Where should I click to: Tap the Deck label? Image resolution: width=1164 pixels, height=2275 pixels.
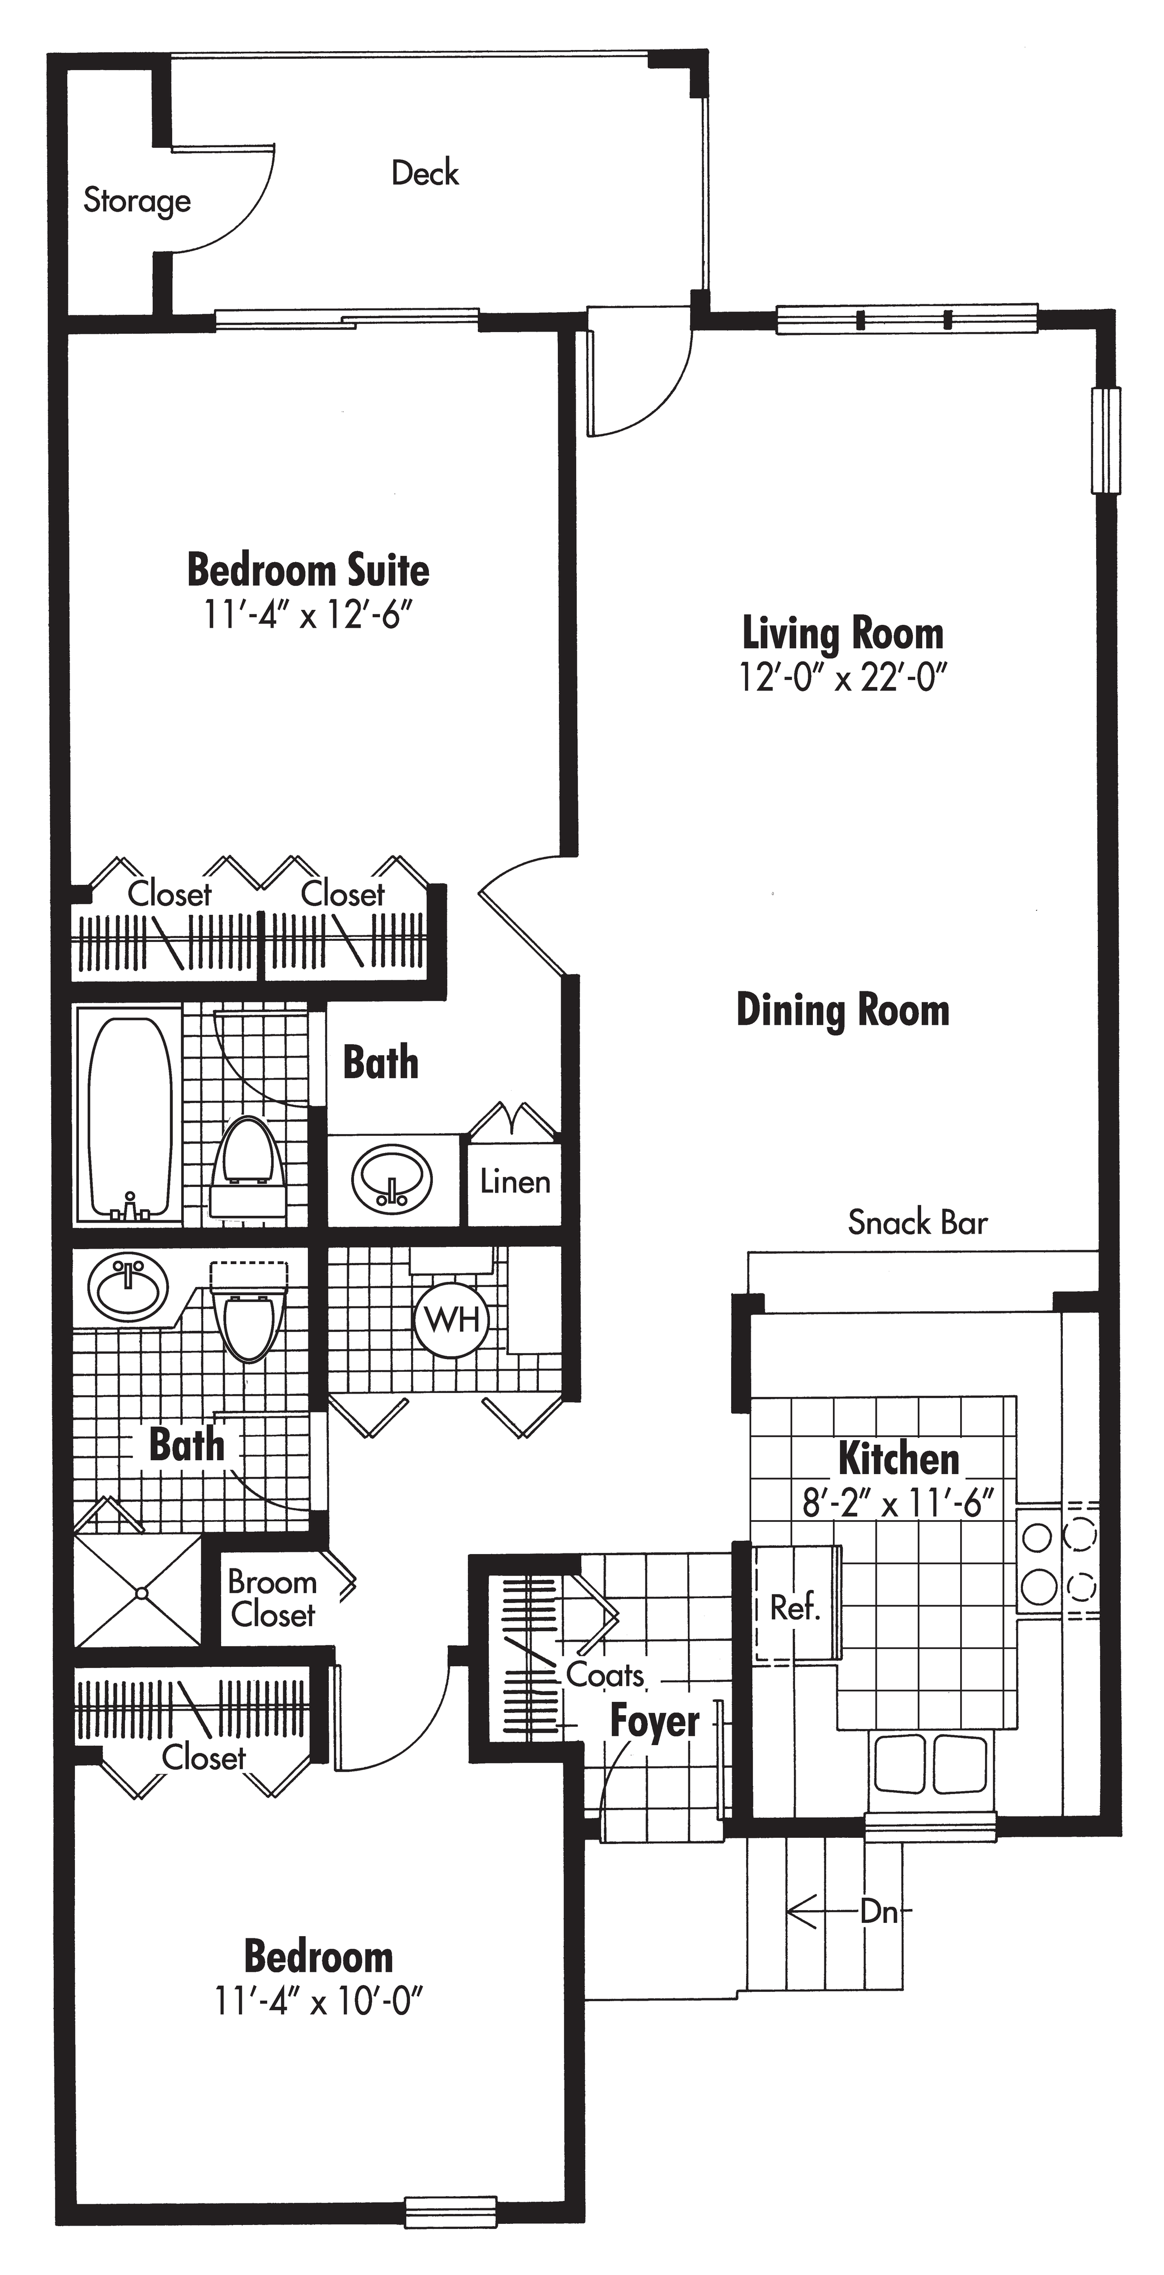tap(425, 173)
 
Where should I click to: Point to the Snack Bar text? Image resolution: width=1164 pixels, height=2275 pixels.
tap(917, 1222)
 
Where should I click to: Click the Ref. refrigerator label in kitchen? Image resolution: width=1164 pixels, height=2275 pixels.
tap(795, 1607)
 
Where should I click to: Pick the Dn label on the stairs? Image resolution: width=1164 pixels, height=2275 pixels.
tap(879, 1913)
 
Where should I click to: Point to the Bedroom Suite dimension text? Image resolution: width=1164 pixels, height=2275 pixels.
tap(308, 615)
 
